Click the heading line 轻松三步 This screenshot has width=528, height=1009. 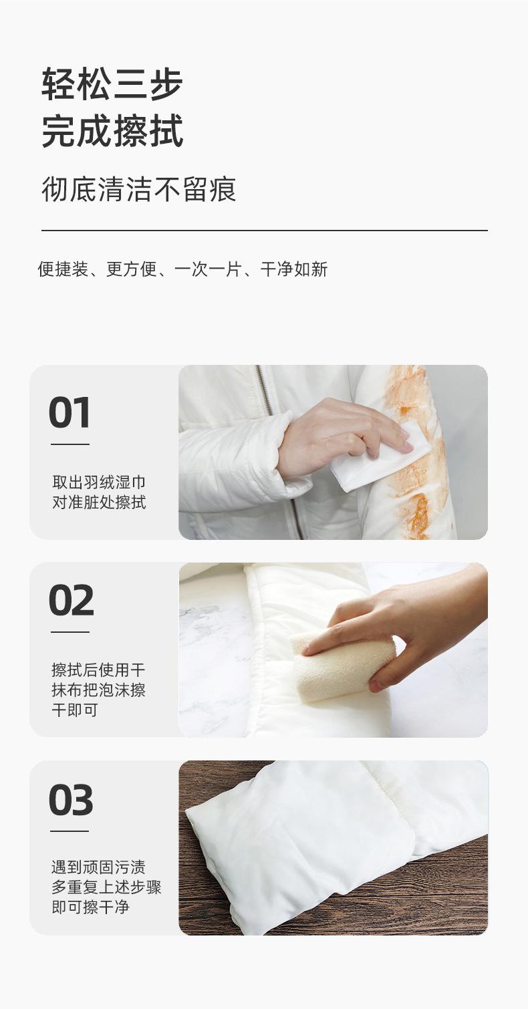point(112,84)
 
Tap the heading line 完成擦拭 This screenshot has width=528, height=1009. point(112,130)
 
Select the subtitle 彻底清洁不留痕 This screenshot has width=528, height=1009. point(139,189)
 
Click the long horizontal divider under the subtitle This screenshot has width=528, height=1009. point(265,230)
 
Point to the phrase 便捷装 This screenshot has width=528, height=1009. point(63,269)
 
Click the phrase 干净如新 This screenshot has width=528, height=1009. point(294,269)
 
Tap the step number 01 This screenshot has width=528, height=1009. point(70,412)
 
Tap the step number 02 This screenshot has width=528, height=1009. point(72,600)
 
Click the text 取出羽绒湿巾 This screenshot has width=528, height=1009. point(99,482)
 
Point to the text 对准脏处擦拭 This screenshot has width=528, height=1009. point(99,502)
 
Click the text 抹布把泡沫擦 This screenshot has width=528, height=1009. point(99,690)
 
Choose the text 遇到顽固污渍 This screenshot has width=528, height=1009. point(99,867)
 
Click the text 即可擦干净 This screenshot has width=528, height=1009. point(90,907)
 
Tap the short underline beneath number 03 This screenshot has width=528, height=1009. point(70,831)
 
